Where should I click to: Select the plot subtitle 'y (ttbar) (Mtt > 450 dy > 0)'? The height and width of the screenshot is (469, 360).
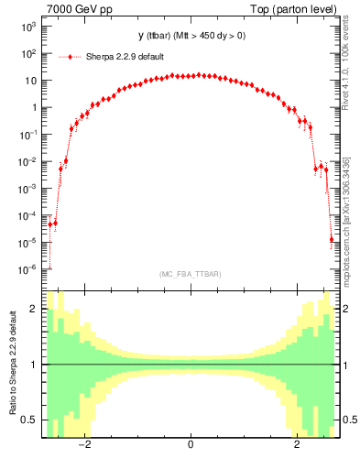pyautogui.click(x=191, y=36)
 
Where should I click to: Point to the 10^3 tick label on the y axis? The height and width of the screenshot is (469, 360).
pyautogui.click(x=28, y=27)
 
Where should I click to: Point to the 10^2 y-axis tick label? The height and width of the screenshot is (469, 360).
pyautogui.click(x=28, y=54)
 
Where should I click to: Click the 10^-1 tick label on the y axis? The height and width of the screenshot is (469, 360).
pyautogui.click(x=27, y=135)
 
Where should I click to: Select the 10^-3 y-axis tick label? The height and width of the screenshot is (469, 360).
pyautogui.click(x=27, y=189)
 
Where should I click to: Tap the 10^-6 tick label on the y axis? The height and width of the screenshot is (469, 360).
pyautogui.click(x=27, y=270)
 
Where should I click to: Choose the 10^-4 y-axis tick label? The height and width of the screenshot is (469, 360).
pyautogui.click(x=27, y=216)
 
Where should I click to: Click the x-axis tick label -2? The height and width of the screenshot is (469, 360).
pyautogui.click(x=83, y=446)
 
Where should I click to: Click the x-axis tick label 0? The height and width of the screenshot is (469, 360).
pyautogui.click(x=191, y=446)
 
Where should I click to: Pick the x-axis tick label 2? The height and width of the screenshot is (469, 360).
pyautogui.click(x=297, y=446)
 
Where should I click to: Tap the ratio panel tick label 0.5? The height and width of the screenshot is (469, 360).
pyautogui.click(x=30, y=420)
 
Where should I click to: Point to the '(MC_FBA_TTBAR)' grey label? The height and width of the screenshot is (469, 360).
pyautogui.click(x=191, y=274)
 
